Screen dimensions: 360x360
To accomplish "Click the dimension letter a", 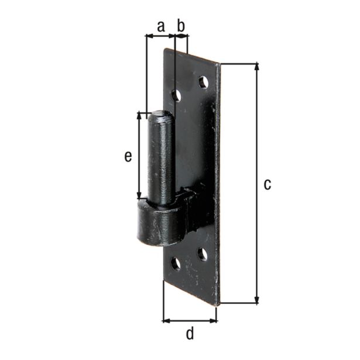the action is [161, 26].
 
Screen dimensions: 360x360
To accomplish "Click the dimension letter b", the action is [181, 26].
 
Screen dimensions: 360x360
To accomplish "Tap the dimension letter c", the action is [268, 184].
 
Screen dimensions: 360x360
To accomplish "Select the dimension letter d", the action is [190, 334].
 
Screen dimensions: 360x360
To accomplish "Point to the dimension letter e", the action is [128, 156].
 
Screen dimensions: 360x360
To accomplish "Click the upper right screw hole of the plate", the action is [203, 83].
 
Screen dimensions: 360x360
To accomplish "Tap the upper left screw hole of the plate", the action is [177, 95].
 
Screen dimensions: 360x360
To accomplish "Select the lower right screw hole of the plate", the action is [203, 254].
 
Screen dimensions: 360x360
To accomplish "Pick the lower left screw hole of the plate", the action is [176, 264].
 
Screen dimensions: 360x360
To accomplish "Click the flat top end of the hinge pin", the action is [160, 114].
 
